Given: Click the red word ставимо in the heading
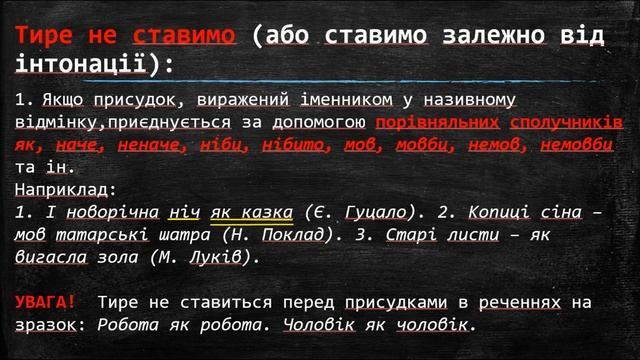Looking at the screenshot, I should tap(185, 35).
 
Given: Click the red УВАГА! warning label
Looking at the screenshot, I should tap(46, 301).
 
